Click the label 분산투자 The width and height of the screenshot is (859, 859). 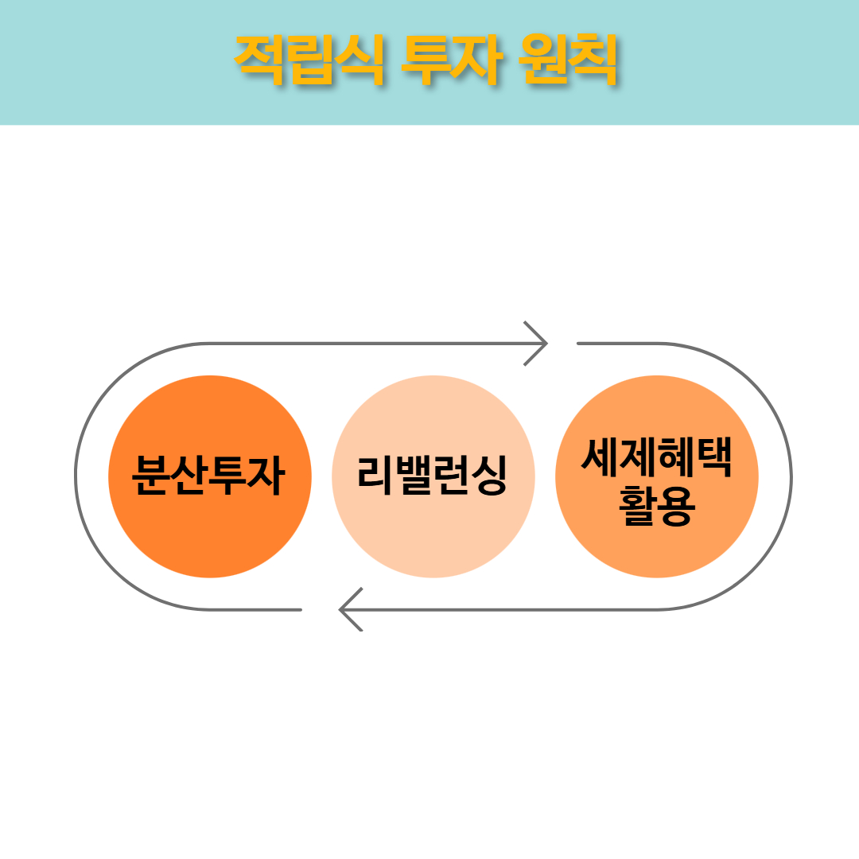click(x=208, y=476)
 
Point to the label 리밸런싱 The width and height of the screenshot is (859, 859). click(x=432, y=476)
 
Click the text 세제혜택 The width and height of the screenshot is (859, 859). click(x=656, y=457)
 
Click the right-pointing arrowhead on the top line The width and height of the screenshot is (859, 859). click(x=536, y=344)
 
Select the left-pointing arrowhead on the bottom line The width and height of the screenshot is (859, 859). click(x=351, y=609)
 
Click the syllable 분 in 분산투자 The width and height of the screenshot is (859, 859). click(x=150, y=476)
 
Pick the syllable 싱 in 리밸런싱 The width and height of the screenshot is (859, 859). click(x=489, y=476)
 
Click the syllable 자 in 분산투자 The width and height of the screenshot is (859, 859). click(x=266, y=476)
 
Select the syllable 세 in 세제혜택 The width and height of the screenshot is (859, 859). click(x=600, y=457)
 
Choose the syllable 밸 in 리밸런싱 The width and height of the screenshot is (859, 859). click(x=413, y=476)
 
